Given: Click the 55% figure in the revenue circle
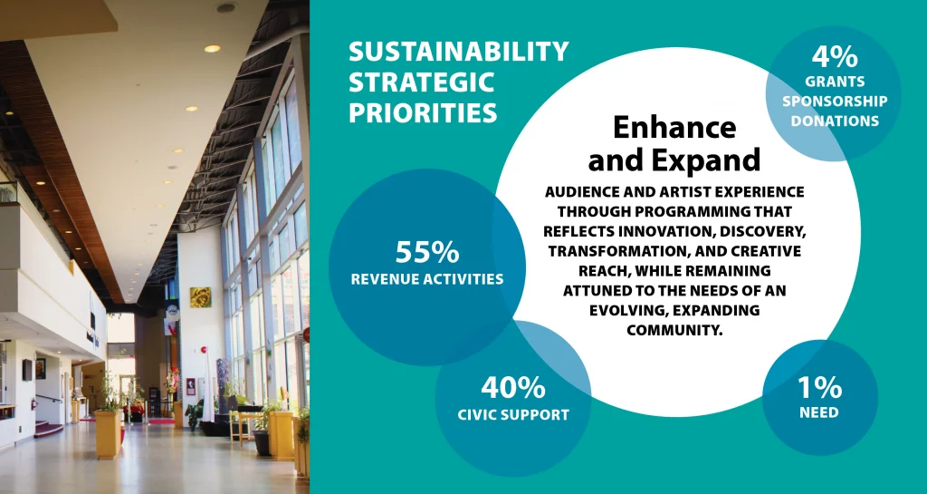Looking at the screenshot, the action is (427, 252).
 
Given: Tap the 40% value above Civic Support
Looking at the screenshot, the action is (512, 388).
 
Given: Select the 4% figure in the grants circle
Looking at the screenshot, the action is (834, 57).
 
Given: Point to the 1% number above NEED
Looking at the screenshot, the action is (819, 388).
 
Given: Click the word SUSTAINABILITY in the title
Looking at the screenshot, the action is (459, 52).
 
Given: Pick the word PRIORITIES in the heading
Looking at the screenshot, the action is (423, 112).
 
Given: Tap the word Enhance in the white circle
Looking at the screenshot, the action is (674, 127).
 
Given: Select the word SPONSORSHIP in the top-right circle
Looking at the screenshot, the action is (835, 102).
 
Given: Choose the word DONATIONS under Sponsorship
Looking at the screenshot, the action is (835, 121).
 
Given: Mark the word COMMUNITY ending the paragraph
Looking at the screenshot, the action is (674, 330).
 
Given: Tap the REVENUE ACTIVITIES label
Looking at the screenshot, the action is (427, 279).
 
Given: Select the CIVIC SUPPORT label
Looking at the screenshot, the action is (513, 415).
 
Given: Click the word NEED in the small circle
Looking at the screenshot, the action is (819, 412).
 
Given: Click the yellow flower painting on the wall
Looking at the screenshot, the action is (200, 297).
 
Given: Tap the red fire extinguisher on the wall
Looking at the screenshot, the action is (33, 403).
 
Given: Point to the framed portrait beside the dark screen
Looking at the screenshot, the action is (40, 369).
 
